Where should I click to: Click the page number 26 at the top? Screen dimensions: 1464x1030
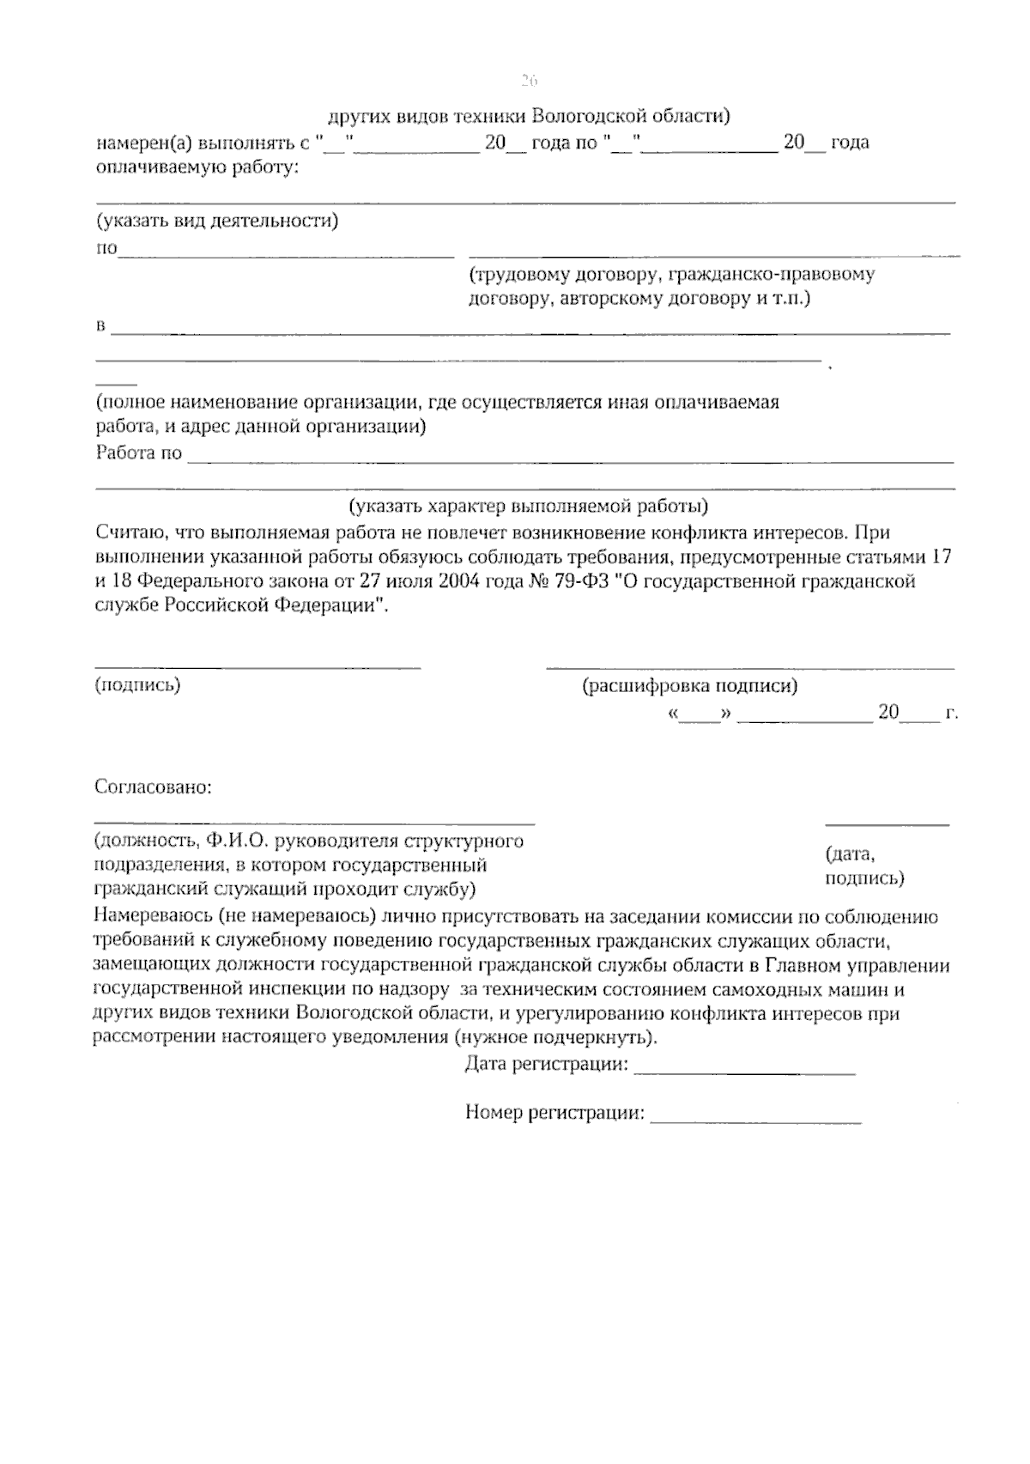[x=528, y=82]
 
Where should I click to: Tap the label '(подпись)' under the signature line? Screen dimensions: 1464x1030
[x=137, y=684]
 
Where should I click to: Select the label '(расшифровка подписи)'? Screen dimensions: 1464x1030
[x=689, y=686]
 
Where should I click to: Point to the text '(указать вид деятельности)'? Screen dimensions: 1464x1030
[x=216, y=222]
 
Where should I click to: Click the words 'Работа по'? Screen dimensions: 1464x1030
[x=138, y=453]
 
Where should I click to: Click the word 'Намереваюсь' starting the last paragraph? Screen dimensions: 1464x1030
[x=150, y=916]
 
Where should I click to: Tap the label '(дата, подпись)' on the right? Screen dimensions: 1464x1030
[x=863, y=866]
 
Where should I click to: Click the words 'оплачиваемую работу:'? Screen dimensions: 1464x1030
[x=197, y=167]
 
